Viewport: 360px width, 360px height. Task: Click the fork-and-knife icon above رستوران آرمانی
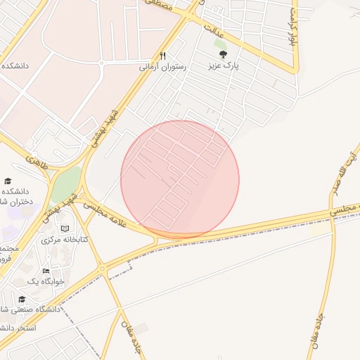pos(162,55)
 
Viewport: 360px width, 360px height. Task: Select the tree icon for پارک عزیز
pos(223,54)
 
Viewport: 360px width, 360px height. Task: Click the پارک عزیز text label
pos(223,66)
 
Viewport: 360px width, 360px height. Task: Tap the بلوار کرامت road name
pos(294,27)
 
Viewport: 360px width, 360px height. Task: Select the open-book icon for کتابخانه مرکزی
pos(65,229)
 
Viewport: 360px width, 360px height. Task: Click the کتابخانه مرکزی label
pos(65,240)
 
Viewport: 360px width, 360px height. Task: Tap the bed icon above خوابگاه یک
pos(46,271)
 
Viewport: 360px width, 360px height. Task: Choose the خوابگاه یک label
pos(46,281)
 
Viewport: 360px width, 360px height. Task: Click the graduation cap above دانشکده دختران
pos(8,181)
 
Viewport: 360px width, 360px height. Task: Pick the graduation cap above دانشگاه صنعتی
pos(22,299)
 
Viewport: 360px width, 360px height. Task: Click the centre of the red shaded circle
pos(180,180)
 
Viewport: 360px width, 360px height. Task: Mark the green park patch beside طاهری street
pos(65,184)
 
